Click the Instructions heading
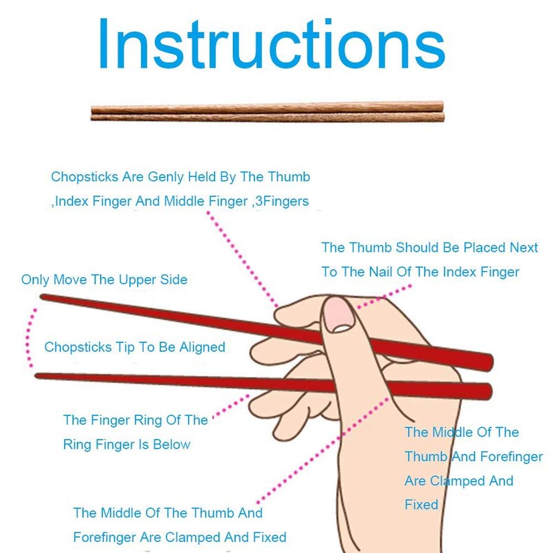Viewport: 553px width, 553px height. coord(272,44)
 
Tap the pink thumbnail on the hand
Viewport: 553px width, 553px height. coord(339,314)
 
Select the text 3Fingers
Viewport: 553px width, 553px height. coord(282,201)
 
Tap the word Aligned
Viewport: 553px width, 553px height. coord(203,348)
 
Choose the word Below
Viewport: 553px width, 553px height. coord(171,444)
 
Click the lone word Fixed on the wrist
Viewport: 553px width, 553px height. coord(422,505)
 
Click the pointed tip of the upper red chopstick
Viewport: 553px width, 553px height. coord(41,297)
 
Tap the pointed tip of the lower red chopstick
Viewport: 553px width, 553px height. coord(37,376)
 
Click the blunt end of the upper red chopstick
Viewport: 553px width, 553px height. coord(490,362)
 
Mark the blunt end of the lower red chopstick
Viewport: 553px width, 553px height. coord(489,391)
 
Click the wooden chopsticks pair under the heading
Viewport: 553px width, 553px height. coord(268,112)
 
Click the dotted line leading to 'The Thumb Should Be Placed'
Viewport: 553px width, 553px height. coord(384,297)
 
